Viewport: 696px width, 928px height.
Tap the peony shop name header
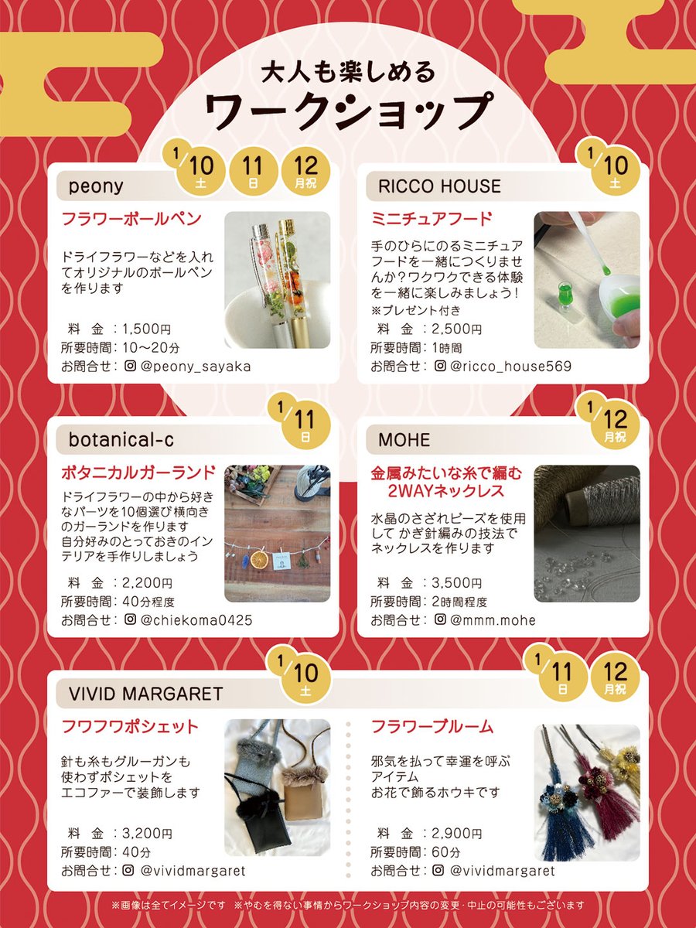pos(96,186)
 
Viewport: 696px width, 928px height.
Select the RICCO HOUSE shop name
pos(439,186)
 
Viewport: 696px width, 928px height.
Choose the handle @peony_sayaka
pos(196,366)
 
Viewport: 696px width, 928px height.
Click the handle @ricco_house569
pos(511,366)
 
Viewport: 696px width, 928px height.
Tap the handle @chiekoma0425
pos(196,620)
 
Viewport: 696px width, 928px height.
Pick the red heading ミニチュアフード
pos(432,219)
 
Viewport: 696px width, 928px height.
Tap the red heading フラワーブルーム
pos(432,726)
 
